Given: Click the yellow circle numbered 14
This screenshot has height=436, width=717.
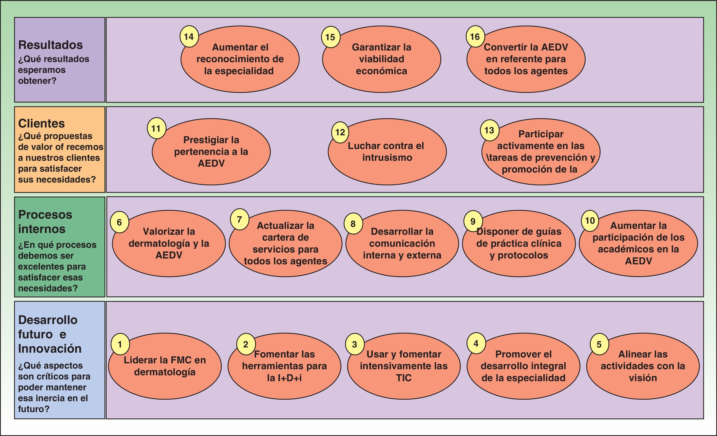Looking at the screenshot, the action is pyautogui.click(x=189, y=37).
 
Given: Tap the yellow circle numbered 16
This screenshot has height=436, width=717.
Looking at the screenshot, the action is pyautogui.click(x=475, y=37).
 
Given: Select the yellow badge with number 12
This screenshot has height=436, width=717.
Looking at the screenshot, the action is pyautogui.click(x=340, y=132).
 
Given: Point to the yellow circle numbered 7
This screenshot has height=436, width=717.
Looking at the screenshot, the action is pyautogui.click(x=239, y=219).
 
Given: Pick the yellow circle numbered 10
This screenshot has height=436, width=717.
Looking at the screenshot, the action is pyautogui.click(x=590, y=220).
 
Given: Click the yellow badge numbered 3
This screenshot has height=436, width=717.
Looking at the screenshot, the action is pyautogui.click(x=354, y=344).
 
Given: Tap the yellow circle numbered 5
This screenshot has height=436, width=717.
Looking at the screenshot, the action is pyautogui.click(x=599, y=344).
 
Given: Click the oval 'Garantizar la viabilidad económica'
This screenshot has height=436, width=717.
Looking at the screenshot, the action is pyautogui.click(x=381, y=59).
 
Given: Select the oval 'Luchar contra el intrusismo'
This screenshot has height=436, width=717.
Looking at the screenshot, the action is pyautogui.click(x=387, y=152).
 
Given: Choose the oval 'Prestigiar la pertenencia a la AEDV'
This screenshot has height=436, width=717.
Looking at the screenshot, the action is pyautogui.click(x=211, y=152).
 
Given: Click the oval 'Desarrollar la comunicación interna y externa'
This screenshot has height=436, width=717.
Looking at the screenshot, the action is pyautogui.click(x=402, y=243).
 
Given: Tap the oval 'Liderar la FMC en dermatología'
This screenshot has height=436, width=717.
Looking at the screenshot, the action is pyautogui.click(x=165, y=366).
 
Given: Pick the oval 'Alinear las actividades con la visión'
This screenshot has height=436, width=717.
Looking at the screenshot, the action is pyautogui.click(x=643, y=366).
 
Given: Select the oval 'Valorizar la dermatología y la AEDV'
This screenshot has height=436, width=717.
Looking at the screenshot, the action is pyautogui.click(x=169, y=243).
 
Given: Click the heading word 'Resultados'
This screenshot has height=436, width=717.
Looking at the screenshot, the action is pyautogui.click(x=50, y=45).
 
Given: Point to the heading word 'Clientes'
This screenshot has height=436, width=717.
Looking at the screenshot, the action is pyautogui.click(x=41, y=124).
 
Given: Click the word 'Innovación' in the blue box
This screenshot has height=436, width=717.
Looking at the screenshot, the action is pyautogui.click(x=50, y=349).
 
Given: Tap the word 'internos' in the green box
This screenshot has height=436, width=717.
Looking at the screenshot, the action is pyautogui.click(x=42, y=229).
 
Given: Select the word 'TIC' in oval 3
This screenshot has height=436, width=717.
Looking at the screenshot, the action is pyautogui.click(x=404, y=378).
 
